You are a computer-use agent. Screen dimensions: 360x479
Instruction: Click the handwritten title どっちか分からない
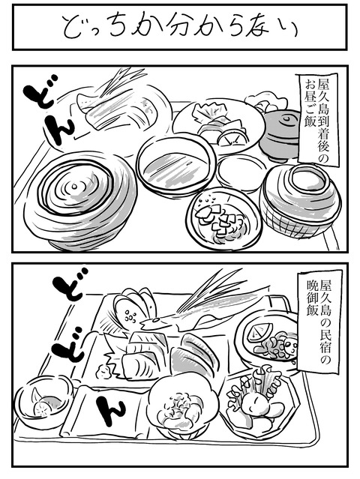pos(180,28)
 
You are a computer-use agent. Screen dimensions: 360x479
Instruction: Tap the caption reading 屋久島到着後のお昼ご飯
pos(318,119)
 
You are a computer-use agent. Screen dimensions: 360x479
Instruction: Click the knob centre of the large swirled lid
pos(74,186)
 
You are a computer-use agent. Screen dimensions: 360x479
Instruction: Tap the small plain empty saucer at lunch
pos(242,172)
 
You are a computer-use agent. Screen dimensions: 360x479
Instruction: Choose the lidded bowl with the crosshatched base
pos(299,201)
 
